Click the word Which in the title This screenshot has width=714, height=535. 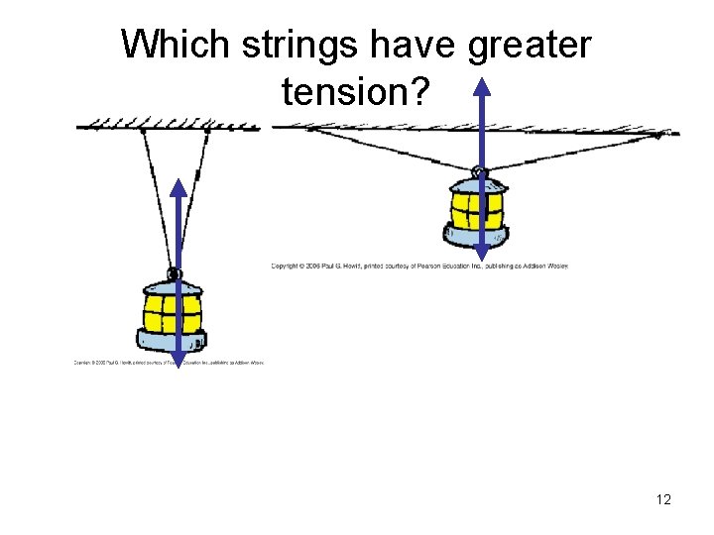pos(170,45)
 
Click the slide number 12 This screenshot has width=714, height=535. pos(663,499)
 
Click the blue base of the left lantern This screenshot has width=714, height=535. pos(173,342)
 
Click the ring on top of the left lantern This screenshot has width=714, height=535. pos(174,273)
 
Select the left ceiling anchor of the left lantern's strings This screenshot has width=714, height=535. pos(143,130)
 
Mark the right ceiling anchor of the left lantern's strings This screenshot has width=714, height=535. pos(207,130)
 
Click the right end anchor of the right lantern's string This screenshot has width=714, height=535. pos(667,132)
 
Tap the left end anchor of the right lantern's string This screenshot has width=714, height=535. pos(307,129)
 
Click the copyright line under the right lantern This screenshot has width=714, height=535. pos(419,266)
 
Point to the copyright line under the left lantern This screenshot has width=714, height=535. pos(169,363)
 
